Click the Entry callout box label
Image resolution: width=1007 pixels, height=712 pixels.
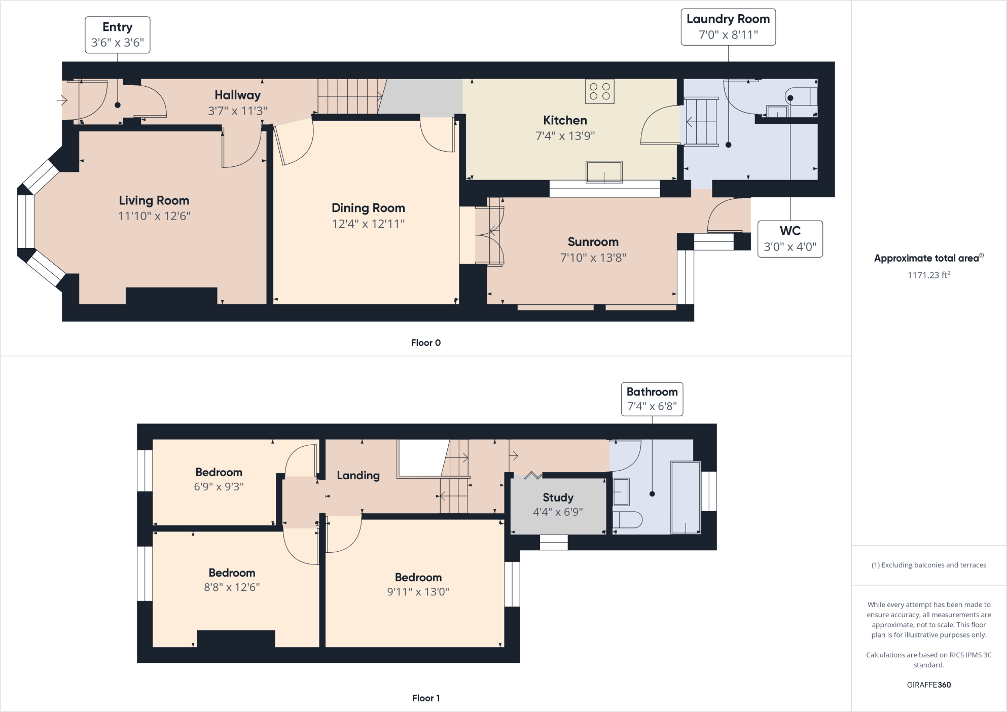coord(117,34)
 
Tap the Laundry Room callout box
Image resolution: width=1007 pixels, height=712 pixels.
coord(728,27)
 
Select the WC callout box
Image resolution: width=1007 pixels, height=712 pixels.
coord(789,239)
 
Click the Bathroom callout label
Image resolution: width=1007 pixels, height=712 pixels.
coord(652,399)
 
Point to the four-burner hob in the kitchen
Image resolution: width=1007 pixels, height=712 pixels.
coord(599,91)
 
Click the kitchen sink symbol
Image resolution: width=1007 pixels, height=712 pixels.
coord(603,172)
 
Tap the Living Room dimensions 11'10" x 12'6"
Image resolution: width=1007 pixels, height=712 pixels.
coord(154,216)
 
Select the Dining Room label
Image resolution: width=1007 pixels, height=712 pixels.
coord(368,208)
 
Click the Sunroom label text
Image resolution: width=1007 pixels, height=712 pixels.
coord(593,242)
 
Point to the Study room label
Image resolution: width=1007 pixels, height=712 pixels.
coord(558,497)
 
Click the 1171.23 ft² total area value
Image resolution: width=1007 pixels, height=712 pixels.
coord(928,275)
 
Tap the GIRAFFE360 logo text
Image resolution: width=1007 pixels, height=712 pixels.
coord(928,685)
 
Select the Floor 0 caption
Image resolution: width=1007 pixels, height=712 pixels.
coord(425,343)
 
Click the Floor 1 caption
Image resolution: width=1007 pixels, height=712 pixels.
coord(425,698)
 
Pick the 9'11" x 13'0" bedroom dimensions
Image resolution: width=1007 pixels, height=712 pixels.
coord(418,592)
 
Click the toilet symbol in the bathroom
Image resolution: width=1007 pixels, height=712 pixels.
coord(627,520)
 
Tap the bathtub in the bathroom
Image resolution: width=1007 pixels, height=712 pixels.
coord(685,497)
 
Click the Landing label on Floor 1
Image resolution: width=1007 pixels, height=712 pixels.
coord(358,476)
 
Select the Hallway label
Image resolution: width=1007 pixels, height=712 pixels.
coord(237,95)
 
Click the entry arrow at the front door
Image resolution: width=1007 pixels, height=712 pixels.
coord(62,100)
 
